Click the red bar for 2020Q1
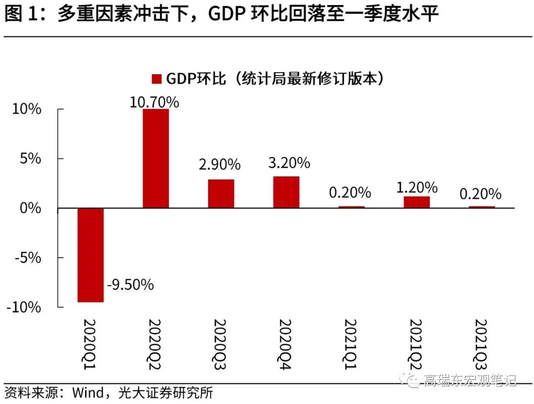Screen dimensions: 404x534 (x=90, y=255)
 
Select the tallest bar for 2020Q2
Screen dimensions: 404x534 (x=156, y=158)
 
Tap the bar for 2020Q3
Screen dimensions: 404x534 (x=221, y=194)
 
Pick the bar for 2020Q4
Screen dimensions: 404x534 (x=286, y=192)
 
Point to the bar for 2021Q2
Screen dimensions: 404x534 (x=417, y=202)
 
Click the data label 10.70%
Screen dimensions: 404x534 (x=154, y=102)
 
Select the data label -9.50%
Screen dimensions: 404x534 (x=130, y=284)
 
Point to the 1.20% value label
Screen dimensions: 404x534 (x=417, y=188)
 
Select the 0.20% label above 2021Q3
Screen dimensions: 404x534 (x=480, y=194)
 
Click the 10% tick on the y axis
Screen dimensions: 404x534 (x=27, y=109)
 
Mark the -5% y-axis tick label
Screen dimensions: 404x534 (x=25, y=257)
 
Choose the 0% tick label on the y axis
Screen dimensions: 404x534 (x=31, y=208)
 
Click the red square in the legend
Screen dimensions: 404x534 (x=156, y=79)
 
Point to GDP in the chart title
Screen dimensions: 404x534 (x=225, y=15)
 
